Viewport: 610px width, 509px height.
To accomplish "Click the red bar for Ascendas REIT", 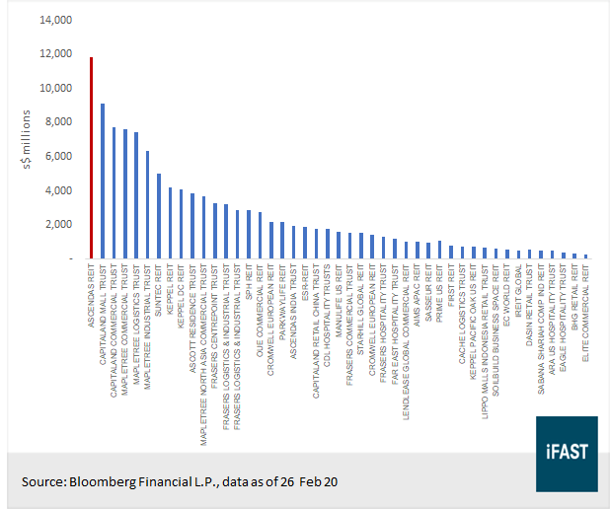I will pos(91,158).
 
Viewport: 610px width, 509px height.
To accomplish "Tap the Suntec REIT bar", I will pos(159,216).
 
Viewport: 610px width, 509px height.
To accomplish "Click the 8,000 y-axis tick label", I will pos(58,121).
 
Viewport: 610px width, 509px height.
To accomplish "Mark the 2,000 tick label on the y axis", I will pos(58,224).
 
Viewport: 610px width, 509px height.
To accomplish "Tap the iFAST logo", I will pos(566,453).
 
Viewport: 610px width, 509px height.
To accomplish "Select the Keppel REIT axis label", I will pos(170,285).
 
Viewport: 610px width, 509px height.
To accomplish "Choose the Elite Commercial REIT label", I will pos(586,316).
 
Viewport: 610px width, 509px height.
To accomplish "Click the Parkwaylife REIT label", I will pos(282,295).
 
